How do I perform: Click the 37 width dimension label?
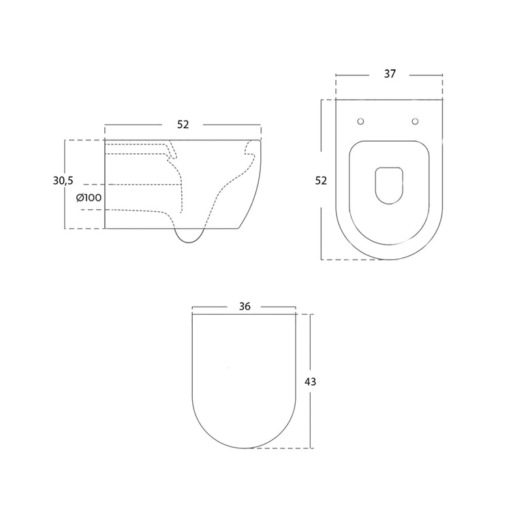point(390,74)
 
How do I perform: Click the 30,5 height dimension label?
point(63,181)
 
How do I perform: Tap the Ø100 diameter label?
point(89,198)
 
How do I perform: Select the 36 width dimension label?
point(245,307)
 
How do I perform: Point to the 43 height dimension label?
point(310,382)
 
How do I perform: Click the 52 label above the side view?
point(183,125)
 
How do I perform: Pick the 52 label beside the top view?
point(321,181)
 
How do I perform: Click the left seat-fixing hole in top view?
point(360,121)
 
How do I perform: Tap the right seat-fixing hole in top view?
point(415,121)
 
